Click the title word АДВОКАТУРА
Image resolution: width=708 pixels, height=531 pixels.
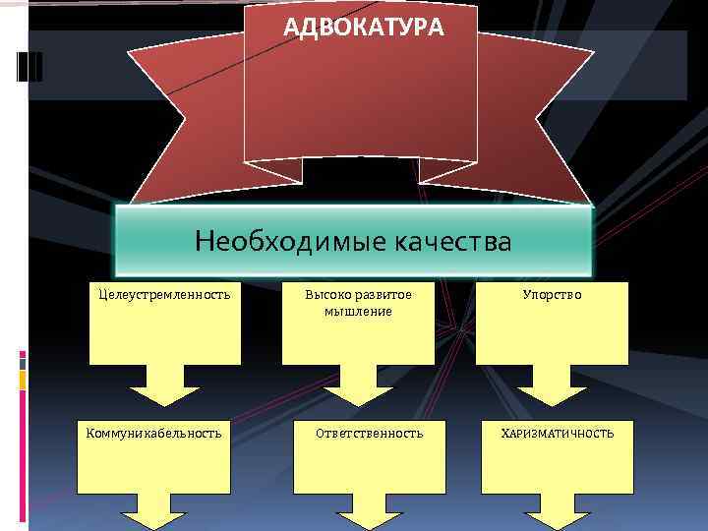(x=363, y=28)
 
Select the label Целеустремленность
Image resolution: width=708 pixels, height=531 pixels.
(x=165, y=294)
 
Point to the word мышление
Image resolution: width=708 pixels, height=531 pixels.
(x=358, y=311)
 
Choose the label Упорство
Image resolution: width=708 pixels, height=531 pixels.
(x=552, y=294)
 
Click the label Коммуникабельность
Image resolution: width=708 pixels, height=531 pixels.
(x=154, y=433)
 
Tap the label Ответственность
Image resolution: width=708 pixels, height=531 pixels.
(x=370, y=433)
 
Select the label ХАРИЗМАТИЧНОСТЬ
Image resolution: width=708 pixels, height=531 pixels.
(x=558, y=433)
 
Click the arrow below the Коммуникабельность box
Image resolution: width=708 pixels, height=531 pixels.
(x=154, y=519)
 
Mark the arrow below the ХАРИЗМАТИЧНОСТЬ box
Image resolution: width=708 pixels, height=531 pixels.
(x=558, y=519)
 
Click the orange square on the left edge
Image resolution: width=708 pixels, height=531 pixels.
(x=23, y=378)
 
